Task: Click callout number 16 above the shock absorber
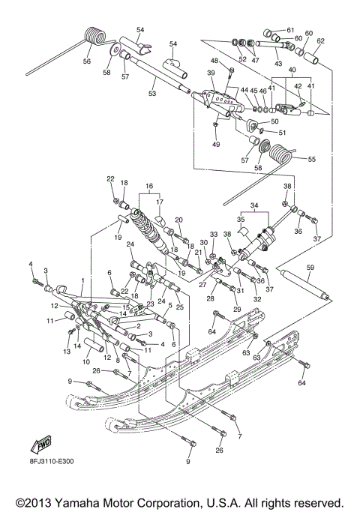coord(148,185)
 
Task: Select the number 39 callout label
coord(211,73)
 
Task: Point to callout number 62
coord(320,41)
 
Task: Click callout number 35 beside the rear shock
coord(241,220)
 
